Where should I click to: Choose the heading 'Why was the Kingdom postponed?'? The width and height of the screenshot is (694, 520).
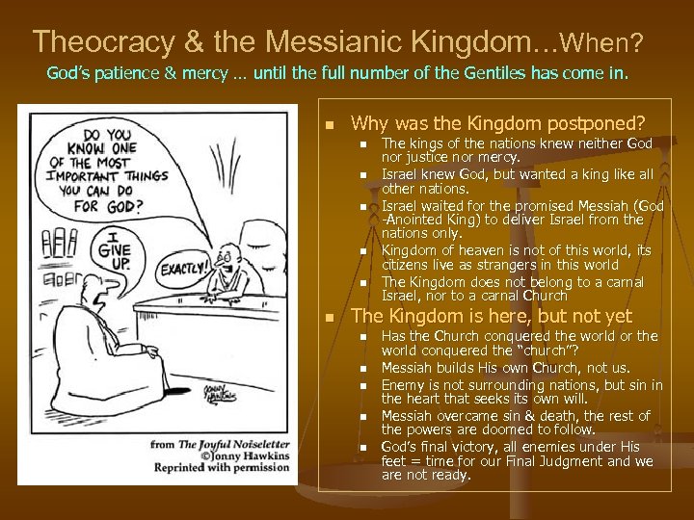click(x=498, y=123)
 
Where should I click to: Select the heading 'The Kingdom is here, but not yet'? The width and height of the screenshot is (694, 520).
click(x=492, y=316)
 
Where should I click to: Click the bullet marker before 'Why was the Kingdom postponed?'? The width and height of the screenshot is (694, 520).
click(x=330, y=124)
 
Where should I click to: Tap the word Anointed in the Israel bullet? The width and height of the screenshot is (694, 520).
click(x=415, y=219)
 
